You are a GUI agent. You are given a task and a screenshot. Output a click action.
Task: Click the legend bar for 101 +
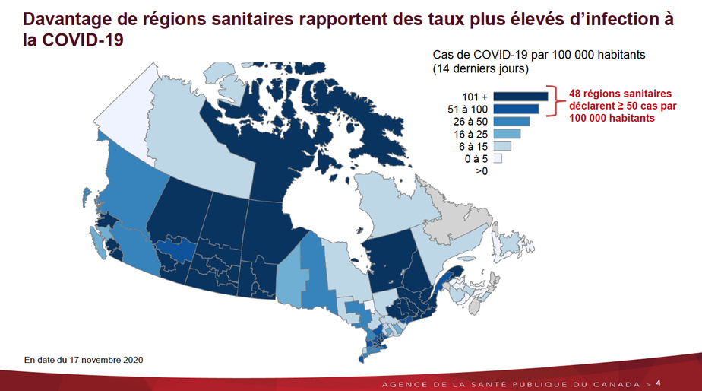520,96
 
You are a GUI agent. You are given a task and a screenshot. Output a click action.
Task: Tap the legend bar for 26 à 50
511,121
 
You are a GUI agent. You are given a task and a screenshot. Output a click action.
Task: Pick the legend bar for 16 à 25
507,134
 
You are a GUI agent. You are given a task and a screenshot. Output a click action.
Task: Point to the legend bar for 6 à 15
502,146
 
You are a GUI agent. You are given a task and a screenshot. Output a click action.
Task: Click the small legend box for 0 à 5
498,158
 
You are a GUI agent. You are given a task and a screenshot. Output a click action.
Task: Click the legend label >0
482,171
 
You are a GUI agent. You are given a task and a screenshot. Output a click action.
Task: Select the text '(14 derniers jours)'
480,69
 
